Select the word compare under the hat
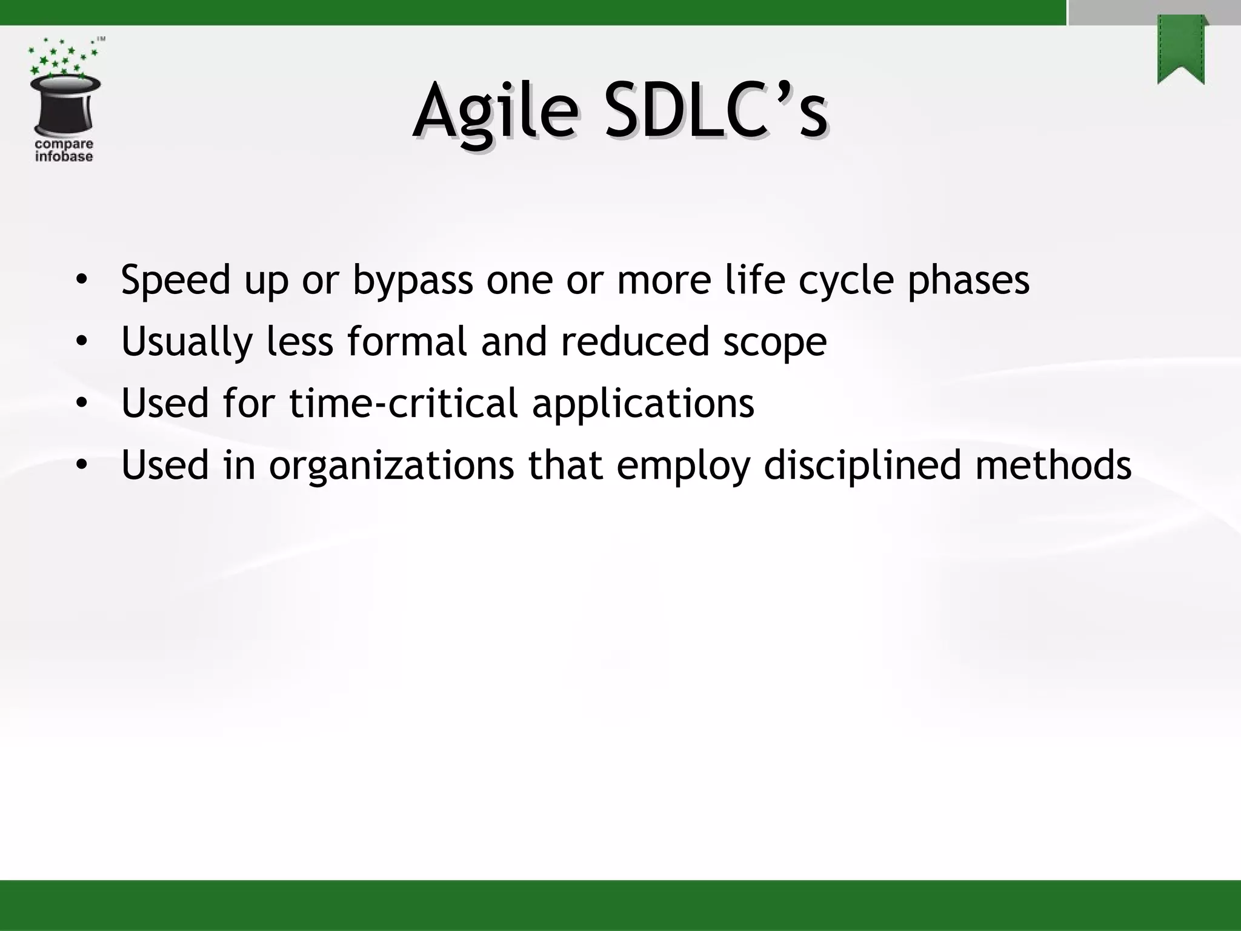[x=64, y=145]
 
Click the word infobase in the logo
[x=64, y=157]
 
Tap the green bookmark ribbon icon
[x=1180, y=50]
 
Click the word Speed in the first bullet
[x=176, y=281]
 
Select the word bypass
[x=413, y=281]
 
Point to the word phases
[x=968, y=281]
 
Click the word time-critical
[x=404, y=403]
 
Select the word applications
[x=643, y=404]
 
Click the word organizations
[x=391, y=465]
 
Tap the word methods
[x=1053, y=465]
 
